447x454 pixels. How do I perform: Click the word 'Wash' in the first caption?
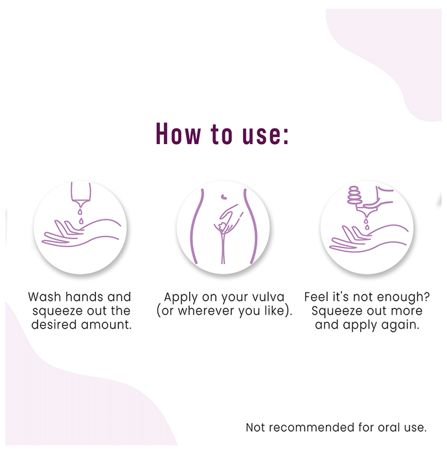pos(45,297)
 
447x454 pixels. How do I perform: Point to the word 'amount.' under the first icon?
pos(106,325)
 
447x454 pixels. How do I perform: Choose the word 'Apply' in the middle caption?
pos(181,298)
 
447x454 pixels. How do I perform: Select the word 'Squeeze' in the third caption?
pos(335,311)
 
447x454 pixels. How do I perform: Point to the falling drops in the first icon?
pos(81,217)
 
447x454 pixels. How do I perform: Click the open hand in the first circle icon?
pos(81,233)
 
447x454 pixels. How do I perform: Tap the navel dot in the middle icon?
pos(223,197)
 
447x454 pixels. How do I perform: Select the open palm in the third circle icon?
pos(369,238)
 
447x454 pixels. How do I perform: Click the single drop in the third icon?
pos(367,224)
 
